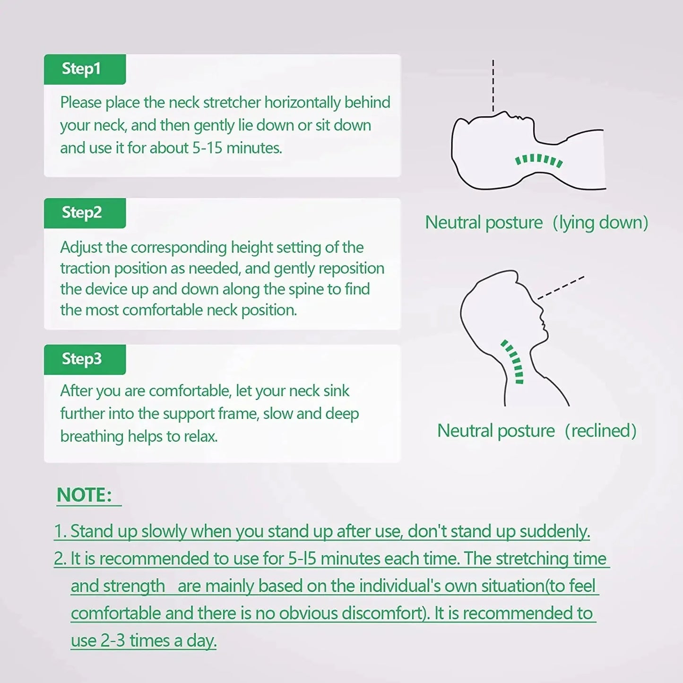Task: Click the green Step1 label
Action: pos(85,69)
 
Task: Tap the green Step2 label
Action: pos(85,213)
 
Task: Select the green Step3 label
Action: pos(85,359)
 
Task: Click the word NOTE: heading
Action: pos(84,495)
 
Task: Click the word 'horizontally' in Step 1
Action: pos(303,103)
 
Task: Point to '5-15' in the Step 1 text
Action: pos(207,148)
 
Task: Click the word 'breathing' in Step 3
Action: pos(92,437)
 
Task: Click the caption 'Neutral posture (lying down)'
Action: pos(536,223)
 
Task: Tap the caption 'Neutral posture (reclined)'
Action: pos(537,432)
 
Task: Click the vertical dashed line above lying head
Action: pos(493,86)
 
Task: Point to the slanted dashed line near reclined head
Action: pos(561,288)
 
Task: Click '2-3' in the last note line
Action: pos(112,641)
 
